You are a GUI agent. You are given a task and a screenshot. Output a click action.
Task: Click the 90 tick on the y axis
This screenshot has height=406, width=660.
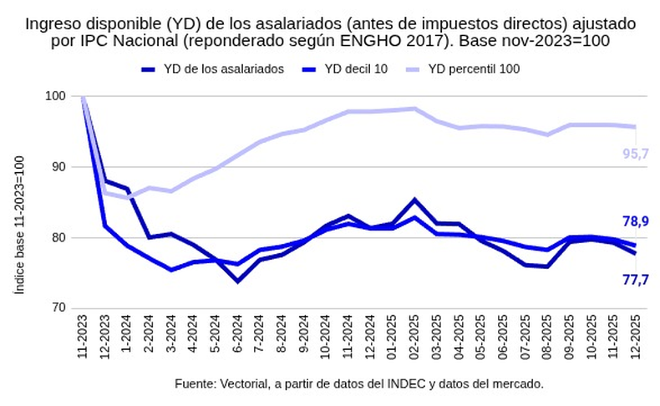[60, 167]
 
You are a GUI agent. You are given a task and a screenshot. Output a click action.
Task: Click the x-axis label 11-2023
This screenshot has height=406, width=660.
[84, 338]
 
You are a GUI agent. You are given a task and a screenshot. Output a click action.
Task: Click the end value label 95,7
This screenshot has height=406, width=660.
[636, 153]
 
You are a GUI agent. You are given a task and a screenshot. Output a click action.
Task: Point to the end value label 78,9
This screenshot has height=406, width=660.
[636, 221]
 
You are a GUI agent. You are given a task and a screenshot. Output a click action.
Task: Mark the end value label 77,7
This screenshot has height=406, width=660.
[636, 280]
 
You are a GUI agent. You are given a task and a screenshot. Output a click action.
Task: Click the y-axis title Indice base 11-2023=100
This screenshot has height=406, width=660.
[19, 223]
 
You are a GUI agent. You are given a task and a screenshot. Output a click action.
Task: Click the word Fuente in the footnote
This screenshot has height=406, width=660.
[194, 383]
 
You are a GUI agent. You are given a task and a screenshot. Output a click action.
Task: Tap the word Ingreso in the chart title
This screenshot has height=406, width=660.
[52, 23]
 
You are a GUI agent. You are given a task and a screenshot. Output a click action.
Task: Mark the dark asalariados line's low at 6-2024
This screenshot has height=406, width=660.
[237, 281]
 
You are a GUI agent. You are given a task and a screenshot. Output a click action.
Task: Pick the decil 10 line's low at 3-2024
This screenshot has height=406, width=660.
[171, 270]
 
